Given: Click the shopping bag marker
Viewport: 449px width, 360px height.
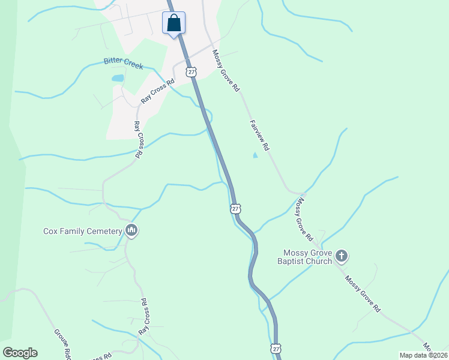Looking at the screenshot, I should [173, 23].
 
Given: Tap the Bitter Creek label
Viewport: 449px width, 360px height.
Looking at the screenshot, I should [123, 62].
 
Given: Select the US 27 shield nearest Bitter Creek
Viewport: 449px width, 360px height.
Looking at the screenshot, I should [191, 72].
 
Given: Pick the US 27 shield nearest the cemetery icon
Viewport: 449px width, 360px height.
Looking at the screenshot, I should [235, 208].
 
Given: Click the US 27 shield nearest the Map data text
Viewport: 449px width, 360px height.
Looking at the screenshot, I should [275, 349].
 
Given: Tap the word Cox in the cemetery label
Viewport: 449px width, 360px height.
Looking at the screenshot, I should [51, 230].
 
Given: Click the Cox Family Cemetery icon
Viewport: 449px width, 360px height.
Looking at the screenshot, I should [131, 230].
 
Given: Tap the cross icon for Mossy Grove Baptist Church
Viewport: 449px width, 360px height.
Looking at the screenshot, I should [341, 257].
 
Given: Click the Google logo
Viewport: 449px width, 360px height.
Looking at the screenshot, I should [20, 353].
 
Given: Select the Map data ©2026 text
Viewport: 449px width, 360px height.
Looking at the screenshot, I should [423, 355].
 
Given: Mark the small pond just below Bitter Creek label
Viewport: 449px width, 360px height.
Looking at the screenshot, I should [118, 78].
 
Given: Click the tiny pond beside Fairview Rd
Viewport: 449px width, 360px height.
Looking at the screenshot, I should [255, 155].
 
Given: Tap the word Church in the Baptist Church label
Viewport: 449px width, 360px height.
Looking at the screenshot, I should [318, 261].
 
